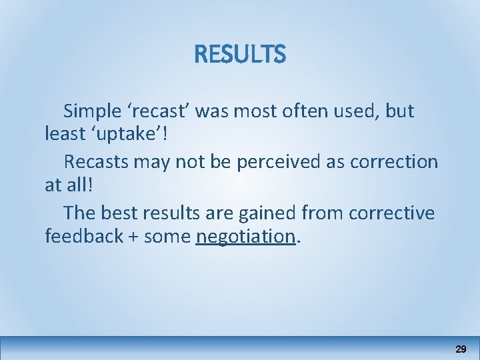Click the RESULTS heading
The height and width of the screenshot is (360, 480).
click(x=240, y=55)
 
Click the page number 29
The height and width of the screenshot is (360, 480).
click(x=461, y=349)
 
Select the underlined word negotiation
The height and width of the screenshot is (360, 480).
click(x=245, y=236)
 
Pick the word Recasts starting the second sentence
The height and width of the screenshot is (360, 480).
click(x=97, y=162)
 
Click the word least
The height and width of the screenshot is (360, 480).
click(x=62, y=134)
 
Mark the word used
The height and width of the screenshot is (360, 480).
click(x=360, y=111)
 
